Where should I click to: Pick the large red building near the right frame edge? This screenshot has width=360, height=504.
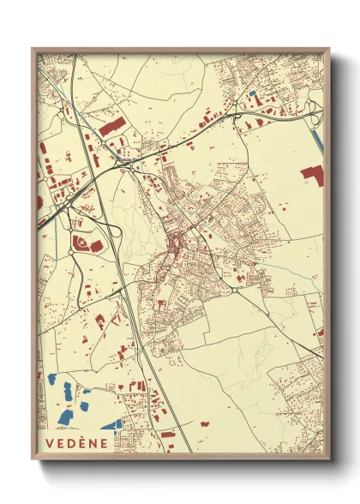[313, 175]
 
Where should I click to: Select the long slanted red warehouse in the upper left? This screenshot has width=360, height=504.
[111, 126]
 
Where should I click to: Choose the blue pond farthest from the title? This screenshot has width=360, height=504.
[53, 378]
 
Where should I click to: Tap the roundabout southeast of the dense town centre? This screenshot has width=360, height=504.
[235, 291]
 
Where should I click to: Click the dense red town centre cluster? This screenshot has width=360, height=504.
[177, 249]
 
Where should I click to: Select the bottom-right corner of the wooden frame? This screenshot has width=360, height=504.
[327, 457]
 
